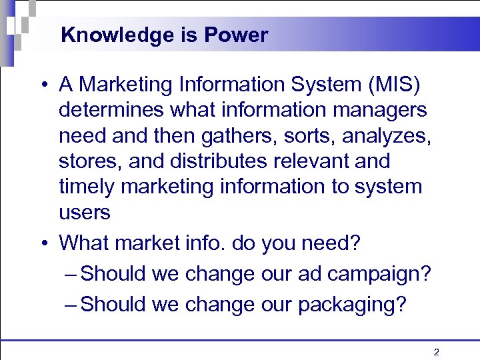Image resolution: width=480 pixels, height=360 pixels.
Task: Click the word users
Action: [x=85, y=213]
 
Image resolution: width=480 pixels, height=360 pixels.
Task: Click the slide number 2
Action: [x=436, y=352]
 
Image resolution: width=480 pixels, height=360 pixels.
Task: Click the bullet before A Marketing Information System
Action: [x=43, y=86]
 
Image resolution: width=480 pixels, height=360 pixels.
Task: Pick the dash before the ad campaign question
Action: [x=71, y=274]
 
